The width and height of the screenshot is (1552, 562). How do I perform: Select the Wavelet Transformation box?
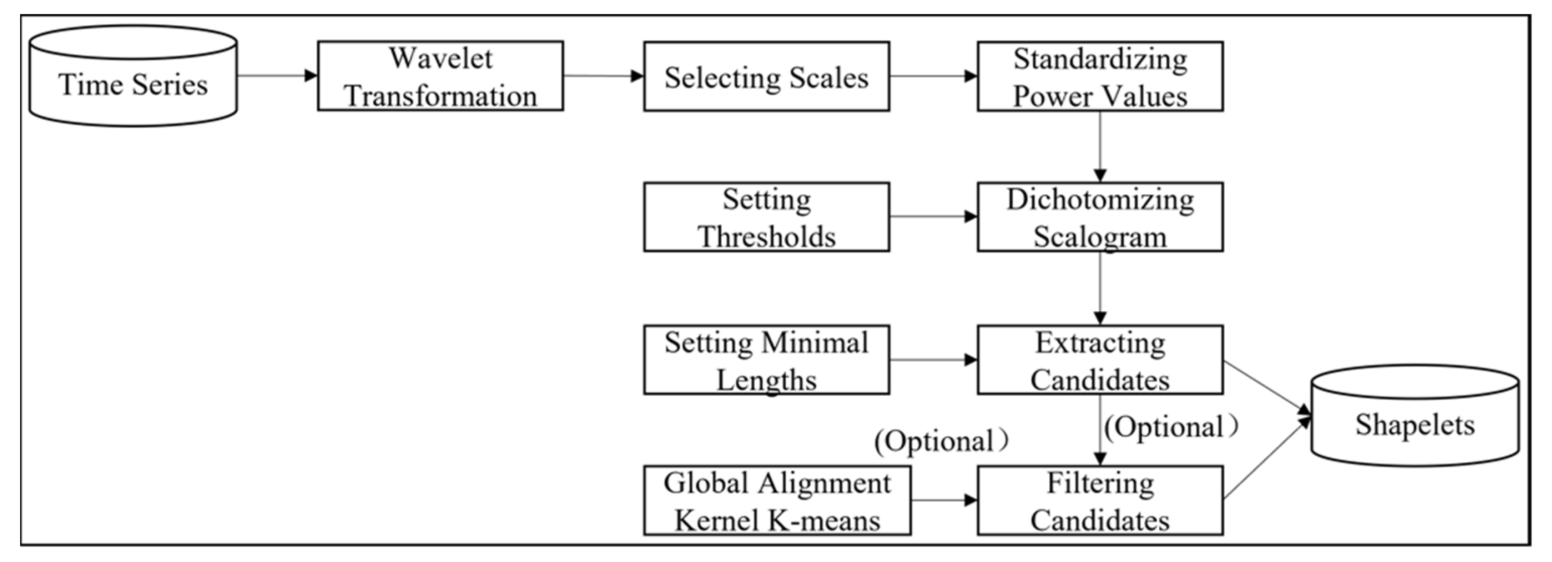(441, 76)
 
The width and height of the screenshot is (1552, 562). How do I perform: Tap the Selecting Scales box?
(766, 77)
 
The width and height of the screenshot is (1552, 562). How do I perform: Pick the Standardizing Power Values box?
(1100, 77)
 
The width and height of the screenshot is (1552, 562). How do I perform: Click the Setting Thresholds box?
(766, 217)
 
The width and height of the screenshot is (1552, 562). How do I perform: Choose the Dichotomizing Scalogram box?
(1100, 217)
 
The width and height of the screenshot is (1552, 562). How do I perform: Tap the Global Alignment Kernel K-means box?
(777, 500)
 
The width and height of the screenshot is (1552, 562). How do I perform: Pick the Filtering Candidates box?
(1100, 500)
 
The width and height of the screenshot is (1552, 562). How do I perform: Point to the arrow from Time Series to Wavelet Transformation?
(277, 76)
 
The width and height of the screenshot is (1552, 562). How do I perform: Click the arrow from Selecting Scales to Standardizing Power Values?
(933, 76)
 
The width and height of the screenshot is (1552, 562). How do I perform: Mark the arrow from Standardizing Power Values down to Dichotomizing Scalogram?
(1100, 146)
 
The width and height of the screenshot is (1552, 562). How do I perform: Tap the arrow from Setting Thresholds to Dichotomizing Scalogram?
(933, 216)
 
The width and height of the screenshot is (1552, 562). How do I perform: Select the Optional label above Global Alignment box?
(941, 442)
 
